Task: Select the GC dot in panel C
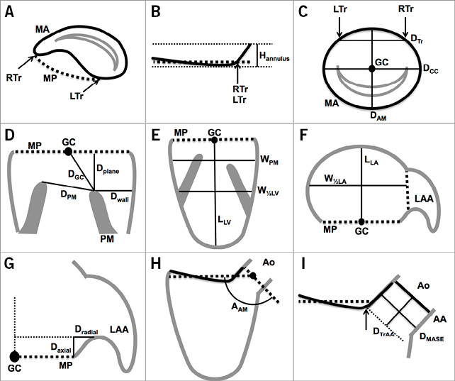click(x=371, y=68)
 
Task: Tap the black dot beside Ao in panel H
click(x=253, y=276)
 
